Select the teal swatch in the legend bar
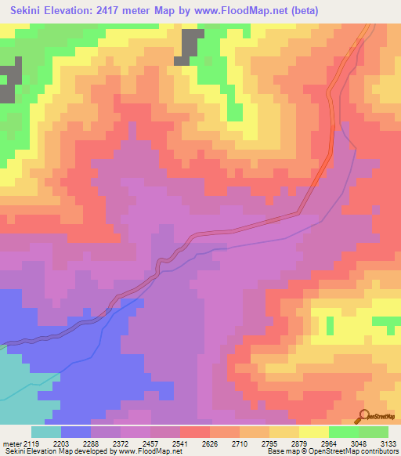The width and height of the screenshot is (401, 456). tap(46, 432)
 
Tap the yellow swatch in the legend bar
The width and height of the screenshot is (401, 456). tap(314, 432)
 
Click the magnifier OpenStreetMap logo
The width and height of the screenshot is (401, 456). tap(365, 416)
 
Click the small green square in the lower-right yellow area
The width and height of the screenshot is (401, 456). tap(329, 324)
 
